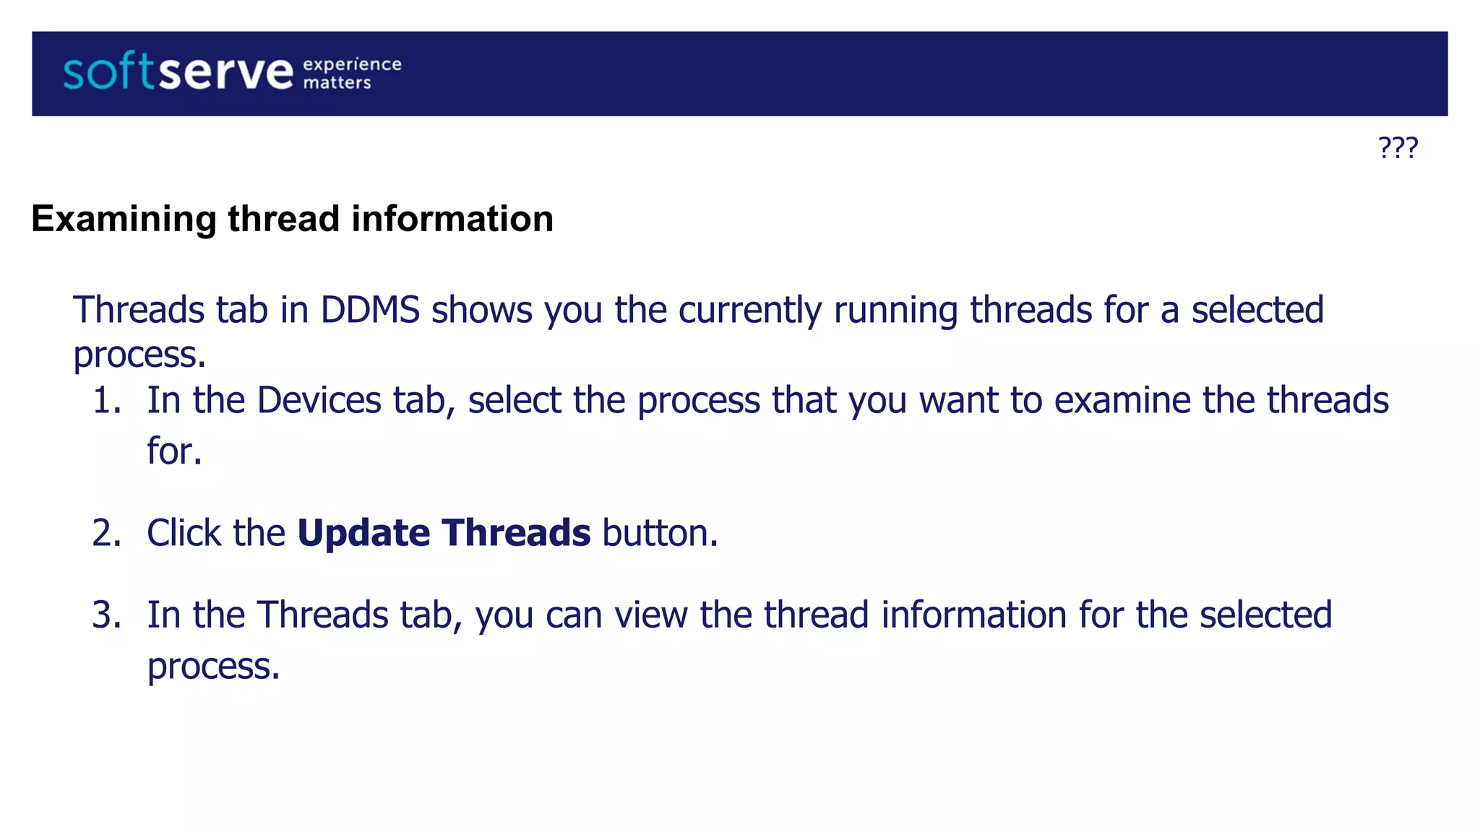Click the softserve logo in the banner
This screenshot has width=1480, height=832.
[178, 72]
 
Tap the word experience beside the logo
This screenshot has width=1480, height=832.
[352, 64]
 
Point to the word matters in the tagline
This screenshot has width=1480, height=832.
[337, 83]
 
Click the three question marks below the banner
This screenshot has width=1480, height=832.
[1398, 148]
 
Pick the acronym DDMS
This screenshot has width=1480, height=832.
[370, 310]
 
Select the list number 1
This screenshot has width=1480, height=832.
[107, 401]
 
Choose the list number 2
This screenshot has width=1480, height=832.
[107, 534]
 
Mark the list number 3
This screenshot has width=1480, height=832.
[107, 615]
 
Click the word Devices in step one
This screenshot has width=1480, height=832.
[319, 401]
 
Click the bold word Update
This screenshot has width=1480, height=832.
[364, 534]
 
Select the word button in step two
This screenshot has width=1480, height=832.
[659, 534]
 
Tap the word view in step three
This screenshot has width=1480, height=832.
[650, 615]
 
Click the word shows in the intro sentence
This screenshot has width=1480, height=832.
[481, 310]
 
